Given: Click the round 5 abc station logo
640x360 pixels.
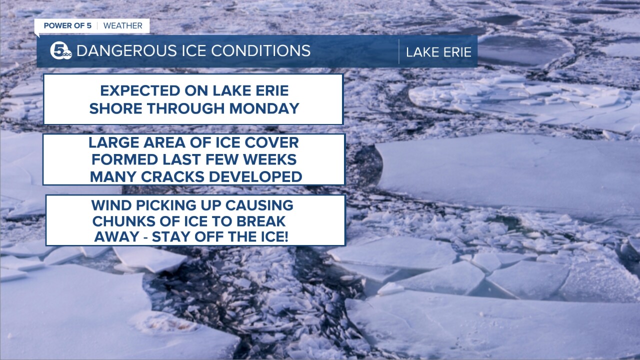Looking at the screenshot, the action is coord(61,51).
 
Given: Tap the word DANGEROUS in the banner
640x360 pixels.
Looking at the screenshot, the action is coord(126,51).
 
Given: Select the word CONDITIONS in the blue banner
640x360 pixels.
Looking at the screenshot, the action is coord(261,51).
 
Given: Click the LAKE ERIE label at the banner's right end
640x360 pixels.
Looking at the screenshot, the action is coord(438,52).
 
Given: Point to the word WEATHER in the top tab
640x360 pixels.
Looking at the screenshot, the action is coord(123,25).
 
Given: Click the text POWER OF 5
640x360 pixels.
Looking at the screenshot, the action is coord(67,25).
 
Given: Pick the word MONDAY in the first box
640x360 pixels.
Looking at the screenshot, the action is coord(264,108).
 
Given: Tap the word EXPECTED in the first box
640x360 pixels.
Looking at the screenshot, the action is coord(140,91).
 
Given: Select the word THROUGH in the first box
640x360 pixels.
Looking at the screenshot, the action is coord(186,108).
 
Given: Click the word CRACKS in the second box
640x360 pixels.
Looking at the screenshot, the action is coord(173,177).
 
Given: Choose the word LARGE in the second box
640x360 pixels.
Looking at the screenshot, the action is coord(113,142).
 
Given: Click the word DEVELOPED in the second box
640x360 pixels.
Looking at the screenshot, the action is coord(255,177).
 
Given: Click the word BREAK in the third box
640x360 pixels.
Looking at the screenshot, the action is coord(261,221).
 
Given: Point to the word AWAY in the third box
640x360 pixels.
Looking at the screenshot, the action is coord(116,237).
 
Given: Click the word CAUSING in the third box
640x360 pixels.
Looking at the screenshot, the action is coord(259,205).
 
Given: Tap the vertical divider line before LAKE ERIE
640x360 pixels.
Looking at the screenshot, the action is coord(399,51).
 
